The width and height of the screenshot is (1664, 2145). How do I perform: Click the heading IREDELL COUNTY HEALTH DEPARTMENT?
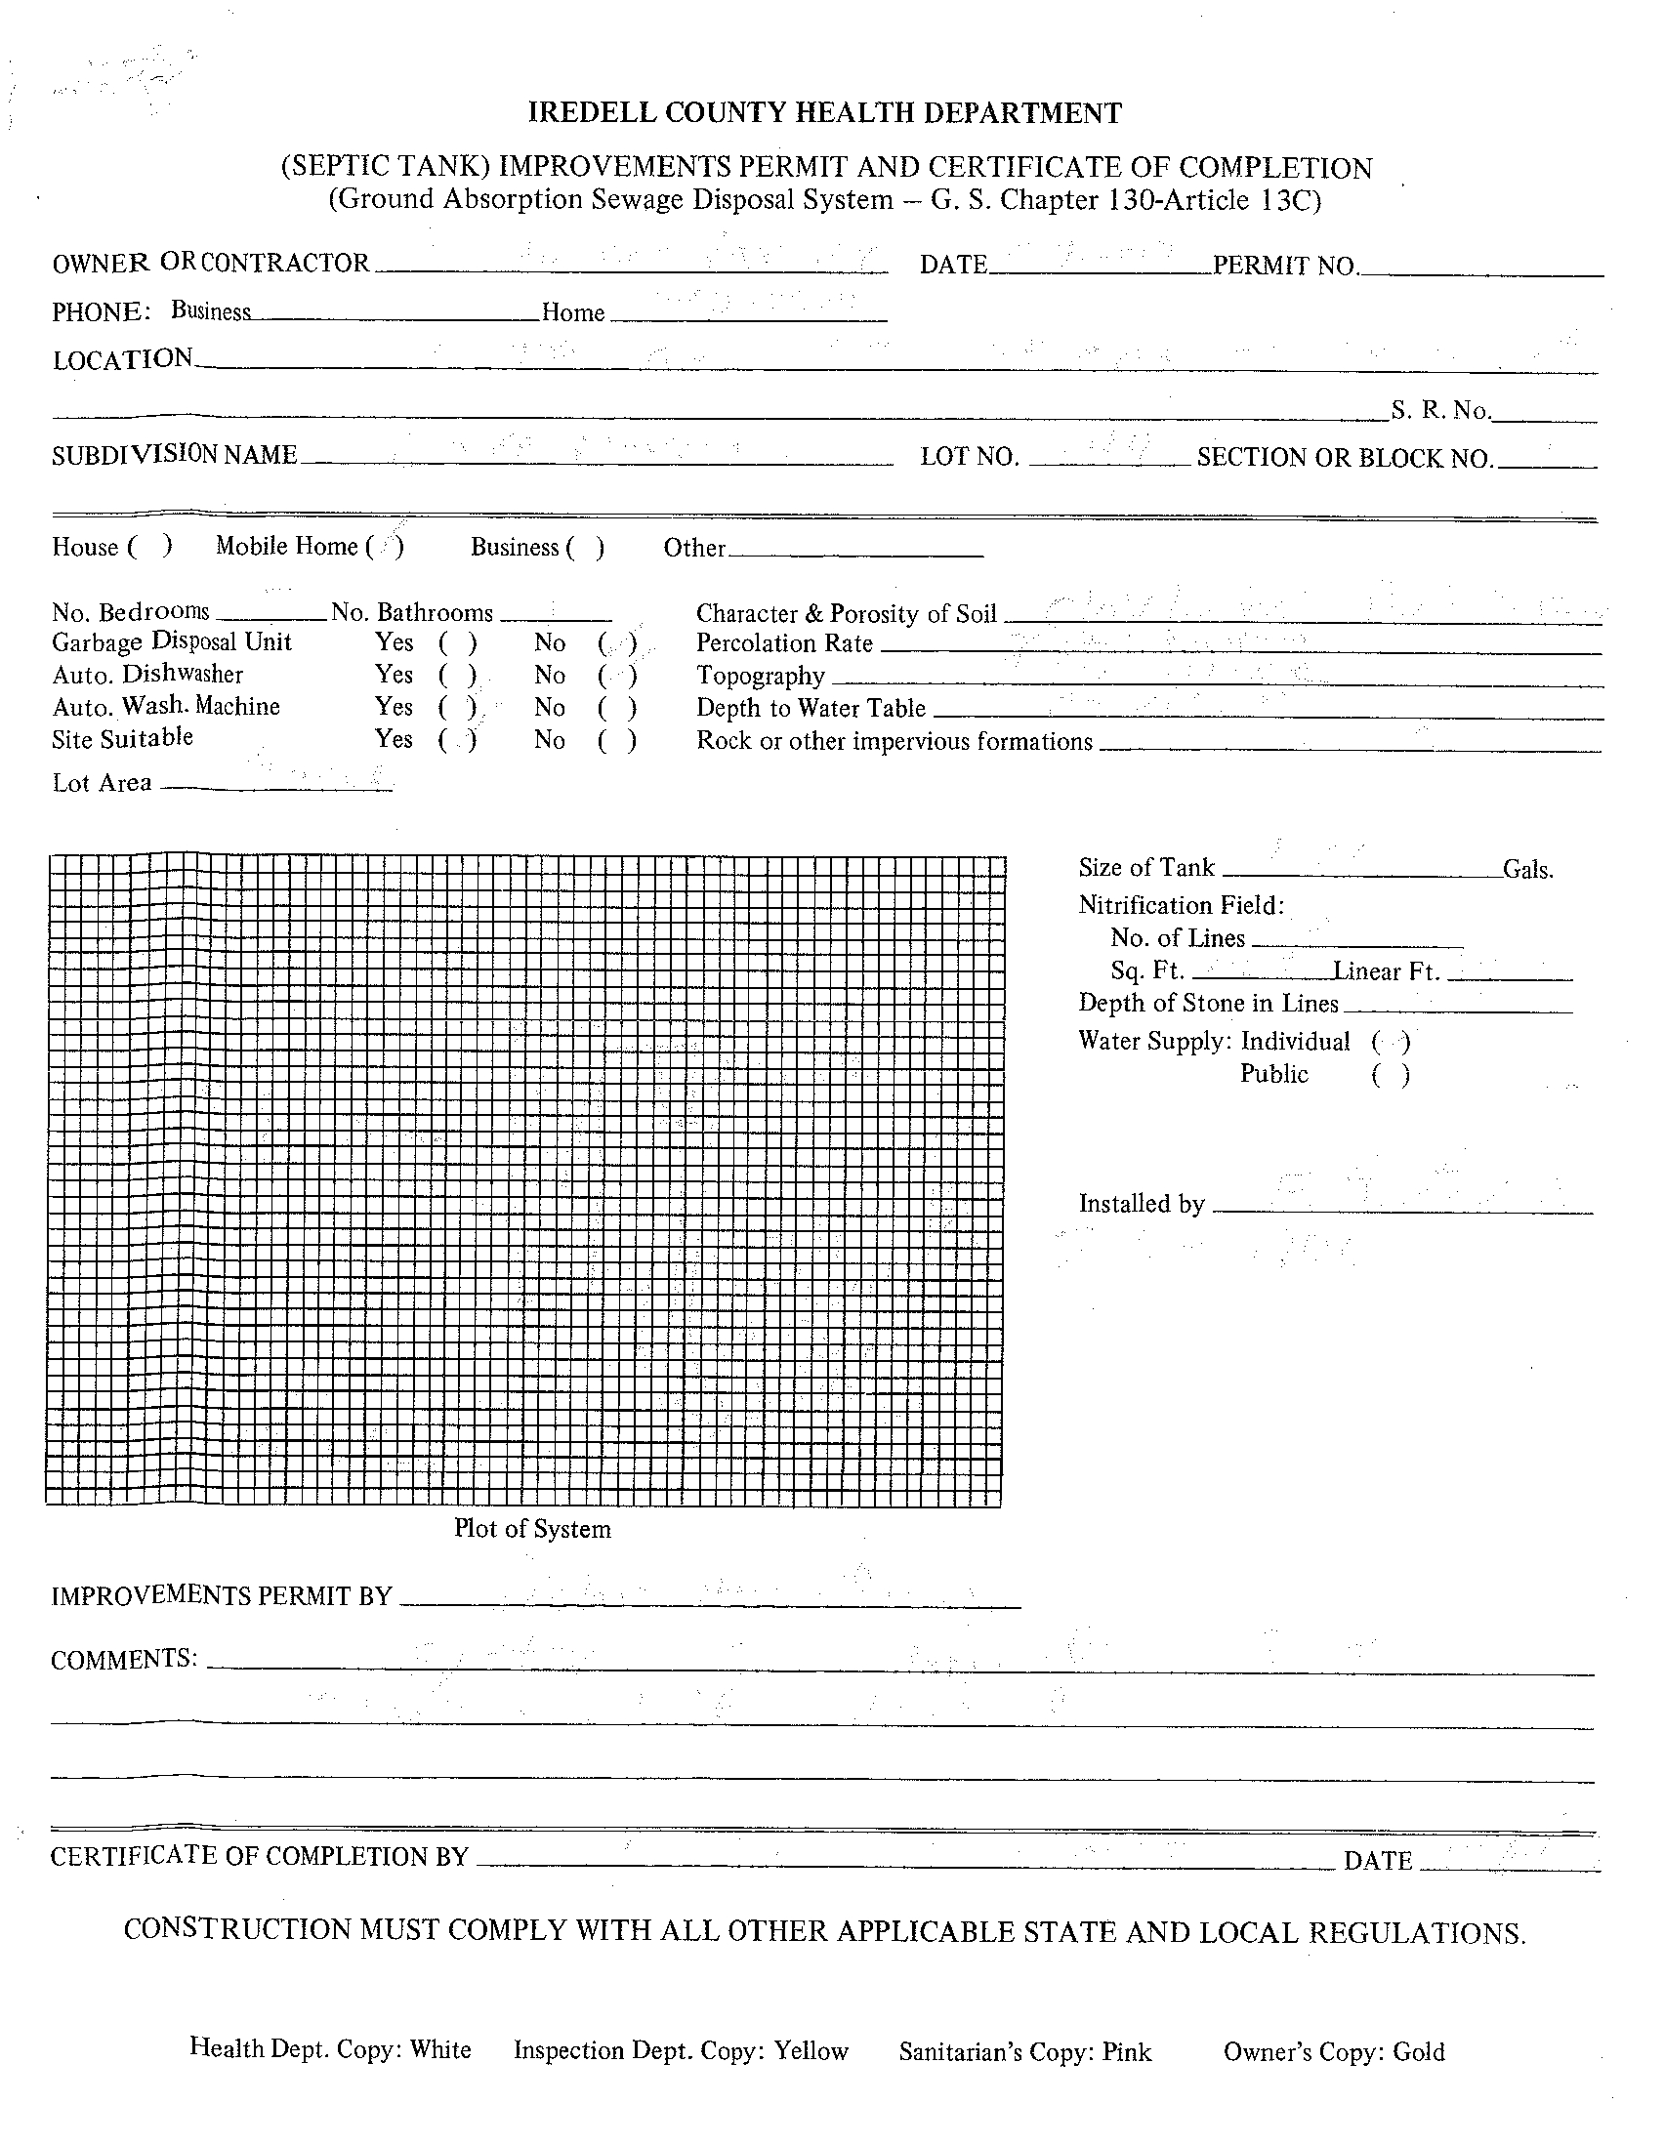pyautogui.click(x=824, y=114)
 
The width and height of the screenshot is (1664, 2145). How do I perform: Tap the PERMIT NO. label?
pyautogui.click(x=1285, y=267)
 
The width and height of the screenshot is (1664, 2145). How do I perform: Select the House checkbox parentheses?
pyautogui.click(x=150, y=547)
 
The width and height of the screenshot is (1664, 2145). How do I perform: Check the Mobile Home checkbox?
pyautogui.click(x=385, y=547)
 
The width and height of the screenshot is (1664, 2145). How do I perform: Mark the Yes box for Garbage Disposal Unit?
pyautogui.click(x=458, y=643)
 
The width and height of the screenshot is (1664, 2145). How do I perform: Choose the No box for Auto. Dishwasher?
pyautogui.click(x=617, y=676)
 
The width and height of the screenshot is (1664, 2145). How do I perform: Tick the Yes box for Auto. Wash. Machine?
pyautogui.click(x=458, y=708)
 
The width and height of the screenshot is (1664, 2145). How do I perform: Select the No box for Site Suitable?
pyautogui.click(x=617, y=740)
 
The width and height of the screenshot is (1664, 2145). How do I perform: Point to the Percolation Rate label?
pyautogui.click(x=784, y=644)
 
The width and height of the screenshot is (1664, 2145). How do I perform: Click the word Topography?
pyautogui.click(x=761, y=677)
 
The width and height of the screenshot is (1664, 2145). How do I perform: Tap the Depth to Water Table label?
pyautogui.click(x=811, y=709)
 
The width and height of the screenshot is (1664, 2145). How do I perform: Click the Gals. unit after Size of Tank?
pyautogui.click(x=1527, y=870)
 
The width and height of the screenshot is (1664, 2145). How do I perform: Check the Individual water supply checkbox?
pyautogui.click(x=1391, y=1042)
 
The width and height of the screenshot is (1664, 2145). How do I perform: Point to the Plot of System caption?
pyautogui.click(x=531, y=1529)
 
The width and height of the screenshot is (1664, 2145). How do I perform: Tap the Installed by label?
pyautogui.click(x=1142, y=1204)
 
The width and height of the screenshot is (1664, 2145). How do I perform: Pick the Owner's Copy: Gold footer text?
pyautogui.click(x=1333, y=2050)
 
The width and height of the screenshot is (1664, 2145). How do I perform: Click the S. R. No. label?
pyautogui.click(x=1439, y=411)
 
